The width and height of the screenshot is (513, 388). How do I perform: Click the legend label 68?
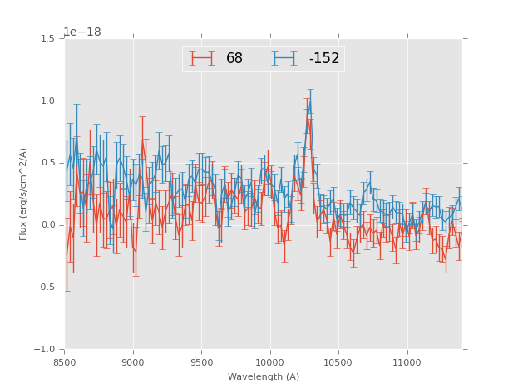[234, 58]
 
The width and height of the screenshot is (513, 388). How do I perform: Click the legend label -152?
[323, 58]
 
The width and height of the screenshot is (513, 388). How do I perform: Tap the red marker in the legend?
[202, 58]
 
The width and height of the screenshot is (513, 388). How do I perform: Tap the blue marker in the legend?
[285, 58]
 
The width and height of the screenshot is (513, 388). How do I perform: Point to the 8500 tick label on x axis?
[65, 362]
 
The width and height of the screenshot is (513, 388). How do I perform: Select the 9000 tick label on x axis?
[133, 362]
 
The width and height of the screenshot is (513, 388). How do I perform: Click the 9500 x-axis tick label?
[201, 362]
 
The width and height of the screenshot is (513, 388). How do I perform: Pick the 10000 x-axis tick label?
[270, 362]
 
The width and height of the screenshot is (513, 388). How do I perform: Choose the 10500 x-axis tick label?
[338, 362]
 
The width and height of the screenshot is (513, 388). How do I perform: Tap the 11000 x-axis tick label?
[407, 362]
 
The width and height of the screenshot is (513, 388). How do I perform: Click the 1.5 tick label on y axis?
[47, 38]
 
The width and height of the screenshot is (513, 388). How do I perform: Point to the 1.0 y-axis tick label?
[47, 101]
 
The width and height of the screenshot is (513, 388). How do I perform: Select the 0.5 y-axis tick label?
[47, 163]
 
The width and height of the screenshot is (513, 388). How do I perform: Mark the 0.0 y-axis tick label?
[47, 225]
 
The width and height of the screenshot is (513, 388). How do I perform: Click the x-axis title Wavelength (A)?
[264, 376]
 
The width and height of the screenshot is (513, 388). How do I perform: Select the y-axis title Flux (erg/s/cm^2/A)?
[24, 194]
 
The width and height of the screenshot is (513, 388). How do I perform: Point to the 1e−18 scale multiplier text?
[82, 32]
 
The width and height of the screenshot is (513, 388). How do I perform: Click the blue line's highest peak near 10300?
[310, 102]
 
